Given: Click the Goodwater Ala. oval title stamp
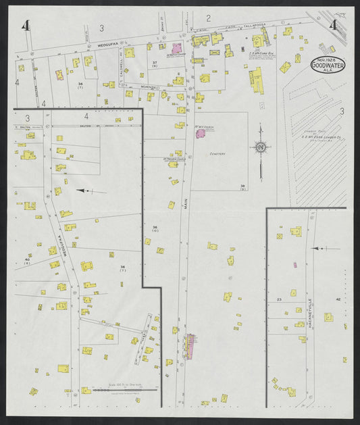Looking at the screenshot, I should [328, 64].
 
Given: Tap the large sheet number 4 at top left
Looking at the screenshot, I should [26, 26].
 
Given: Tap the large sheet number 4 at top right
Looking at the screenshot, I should [333, 26].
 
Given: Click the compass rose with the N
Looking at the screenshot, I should [260, 147].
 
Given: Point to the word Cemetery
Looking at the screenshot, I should [217, 153].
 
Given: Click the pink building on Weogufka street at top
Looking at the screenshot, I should [177, 48].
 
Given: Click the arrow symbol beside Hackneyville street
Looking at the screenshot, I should [319, 249].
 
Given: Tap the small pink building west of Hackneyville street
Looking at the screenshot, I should [295, 264].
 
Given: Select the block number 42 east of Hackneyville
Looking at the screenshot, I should [338, 299].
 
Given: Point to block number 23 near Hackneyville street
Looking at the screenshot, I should [278, 299].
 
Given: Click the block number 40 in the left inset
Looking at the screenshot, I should [27, 259].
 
